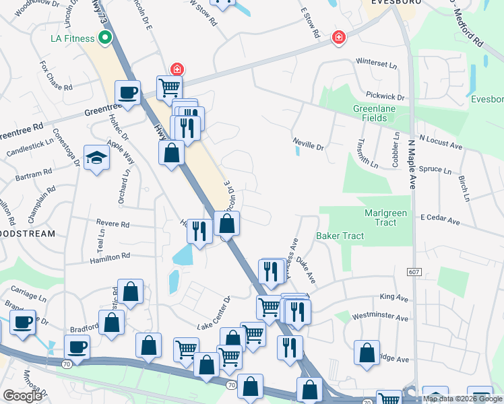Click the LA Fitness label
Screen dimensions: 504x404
pyautogui.click(x=72, y=38)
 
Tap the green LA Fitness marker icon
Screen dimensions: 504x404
pyautogui.click(x=104, y=38)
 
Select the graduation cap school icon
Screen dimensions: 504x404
pyautogui.click(x=96, y=158)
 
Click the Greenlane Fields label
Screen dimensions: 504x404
pyautogui.click(x=370, y=113)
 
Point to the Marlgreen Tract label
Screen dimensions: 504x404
pyautogui.click(x=385, y=217)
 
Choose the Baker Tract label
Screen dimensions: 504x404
pyautogui.click(x=340, y=236)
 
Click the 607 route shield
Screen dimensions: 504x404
pyautogui.click(x=414, y=271)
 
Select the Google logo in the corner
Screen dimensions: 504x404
pyautogui.click(x=22, y=396)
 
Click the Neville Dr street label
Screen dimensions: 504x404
pyautogui.click(x=309, y=143)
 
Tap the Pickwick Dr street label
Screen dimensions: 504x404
pyautogui.click(x=385, y=97)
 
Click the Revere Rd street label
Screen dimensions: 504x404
pyautogui.click(x=112, y=224)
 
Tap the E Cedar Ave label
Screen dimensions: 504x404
pyautogui.click(x=439, y=219)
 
